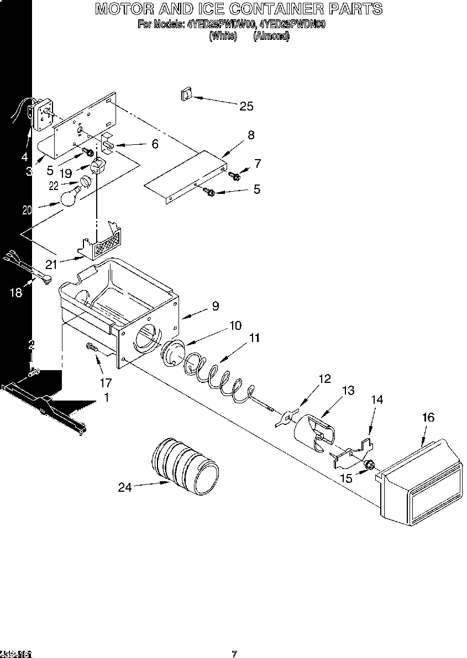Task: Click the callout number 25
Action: (x=246, y=106)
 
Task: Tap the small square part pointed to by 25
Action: (x=185, y=94)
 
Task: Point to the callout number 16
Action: (x=428, y=417)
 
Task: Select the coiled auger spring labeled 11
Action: (x=218, y=379)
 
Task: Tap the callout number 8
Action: (x=251, y=135)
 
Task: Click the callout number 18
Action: (x=16, y=293)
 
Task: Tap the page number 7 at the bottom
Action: (x=234, y=654)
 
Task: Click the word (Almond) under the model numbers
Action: (x=271, y=36)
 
